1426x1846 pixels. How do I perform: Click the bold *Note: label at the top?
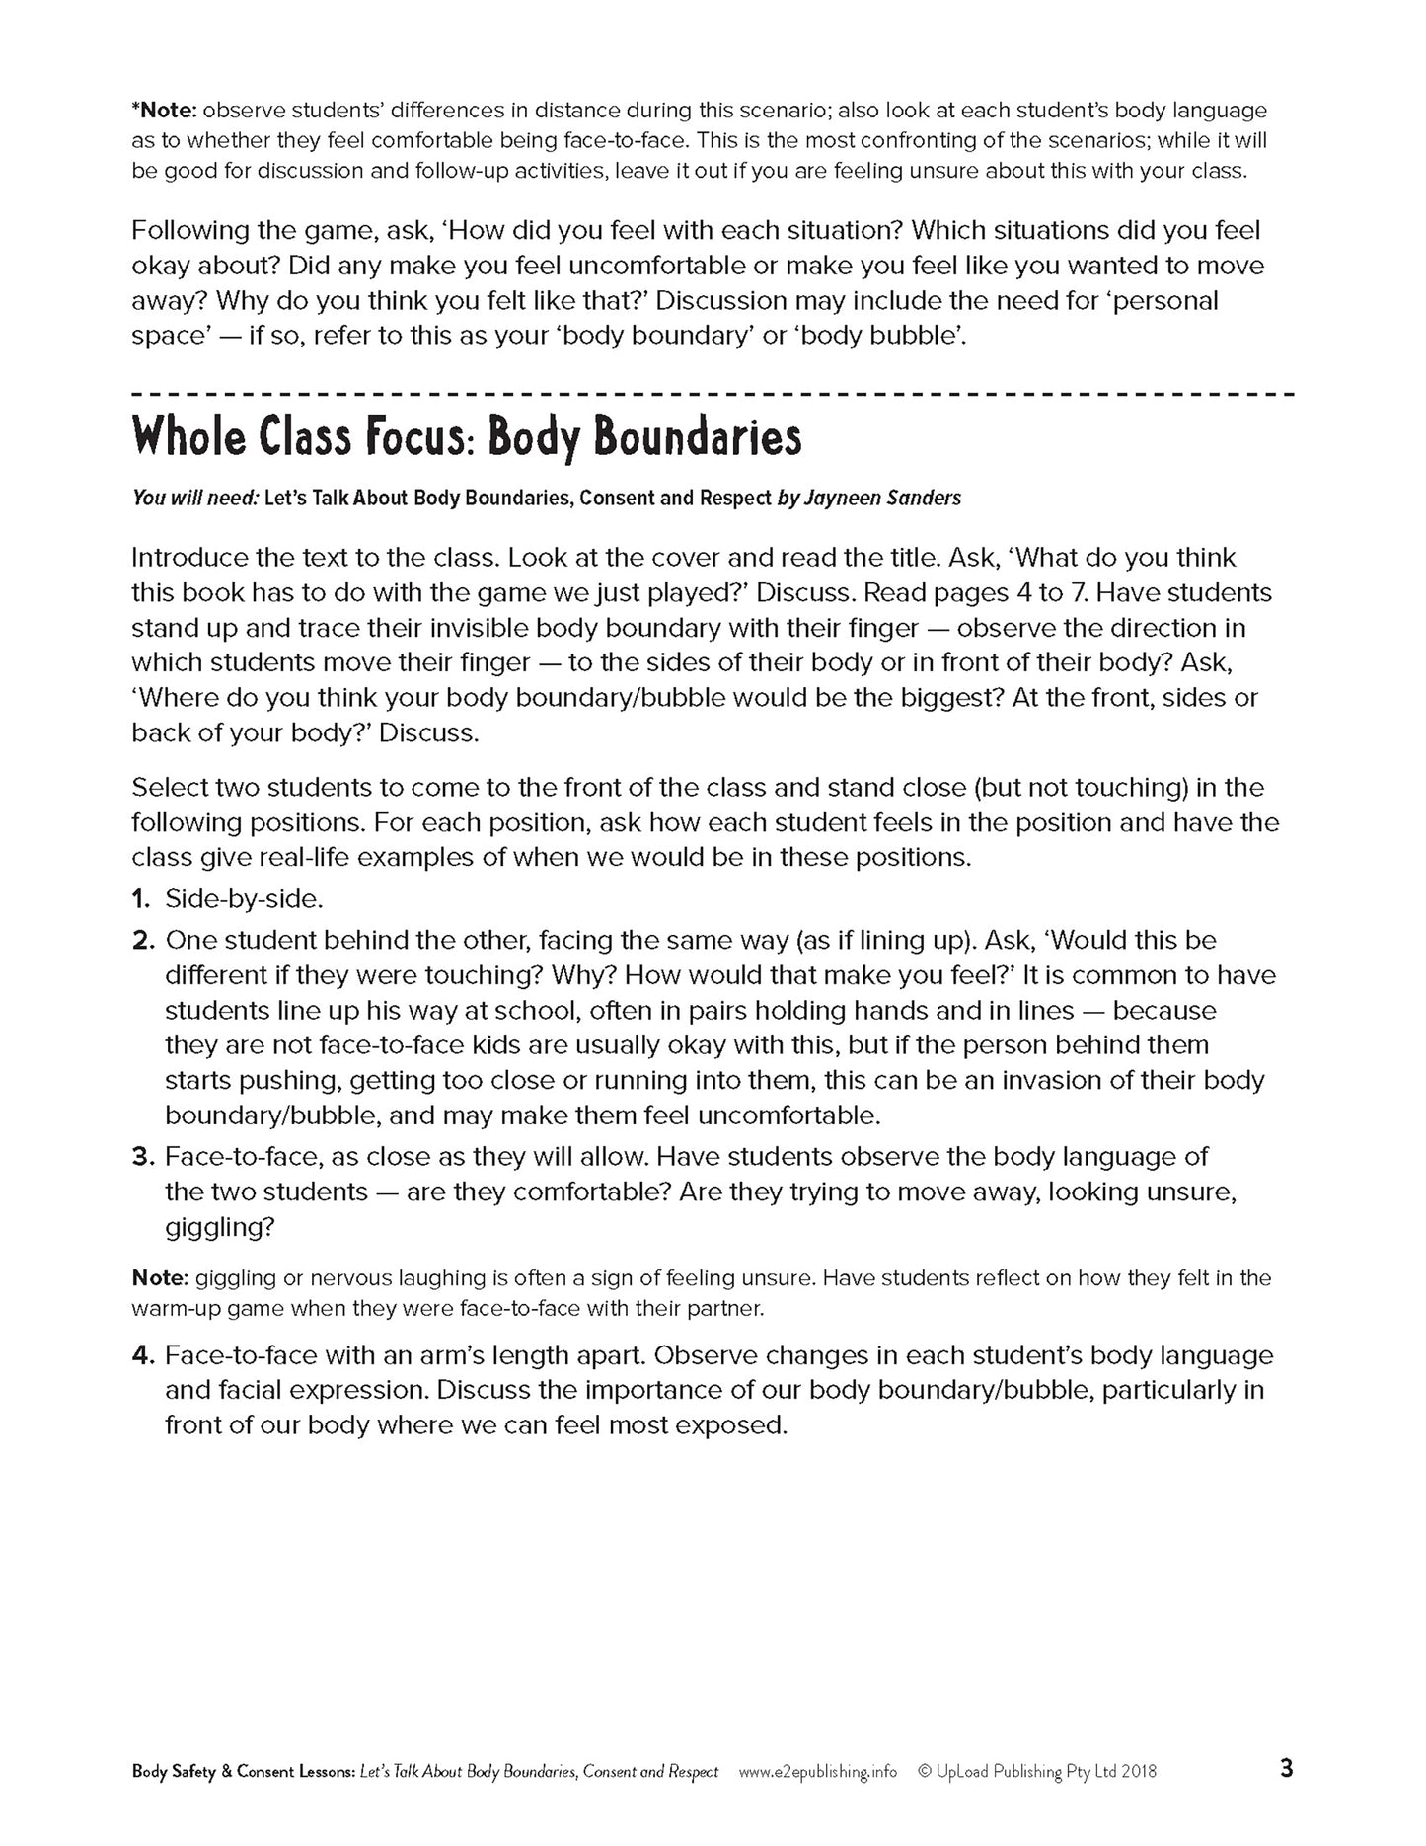point(163,111)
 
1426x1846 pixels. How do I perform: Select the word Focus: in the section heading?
point(419,437)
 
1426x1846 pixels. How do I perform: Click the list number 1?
point(140,899)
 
